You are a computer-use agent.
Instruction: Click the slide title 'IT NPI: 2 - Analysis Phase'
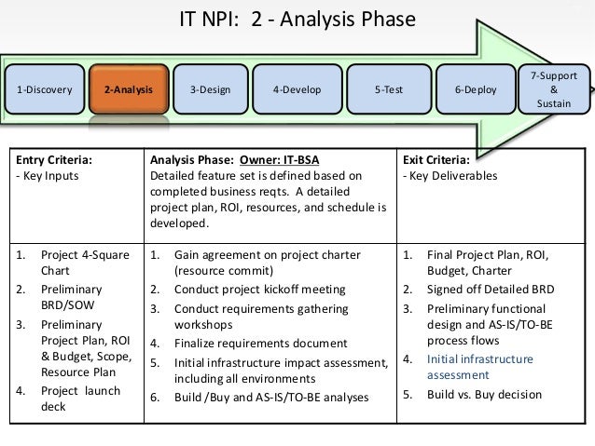coord(297,20)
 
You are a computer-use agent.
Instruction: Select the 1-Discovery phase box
coord(44,90)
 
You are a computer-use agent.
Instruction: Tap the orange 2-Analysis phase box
coord(129,90)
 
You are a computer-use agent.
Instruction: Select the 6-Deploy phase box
coord(475,90)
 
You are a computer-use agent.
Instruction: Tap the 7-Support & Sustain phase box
coord(553,89)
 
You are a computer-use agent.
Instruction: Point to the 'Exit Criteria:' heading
coord(438,158)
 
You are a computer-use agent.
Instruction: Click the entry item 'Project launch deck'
coord(78,399)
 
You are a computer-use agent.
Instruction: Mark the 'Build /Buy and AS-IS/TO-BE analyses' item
coord(271,398)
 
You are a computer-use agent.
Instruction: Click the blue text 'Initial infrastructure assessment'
coord(479,367)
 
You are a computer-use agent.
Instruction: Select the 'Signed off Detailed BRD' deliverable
coord(491,290)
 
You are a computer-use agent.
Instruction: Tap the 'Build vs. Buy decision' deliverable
coord(484,394)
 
